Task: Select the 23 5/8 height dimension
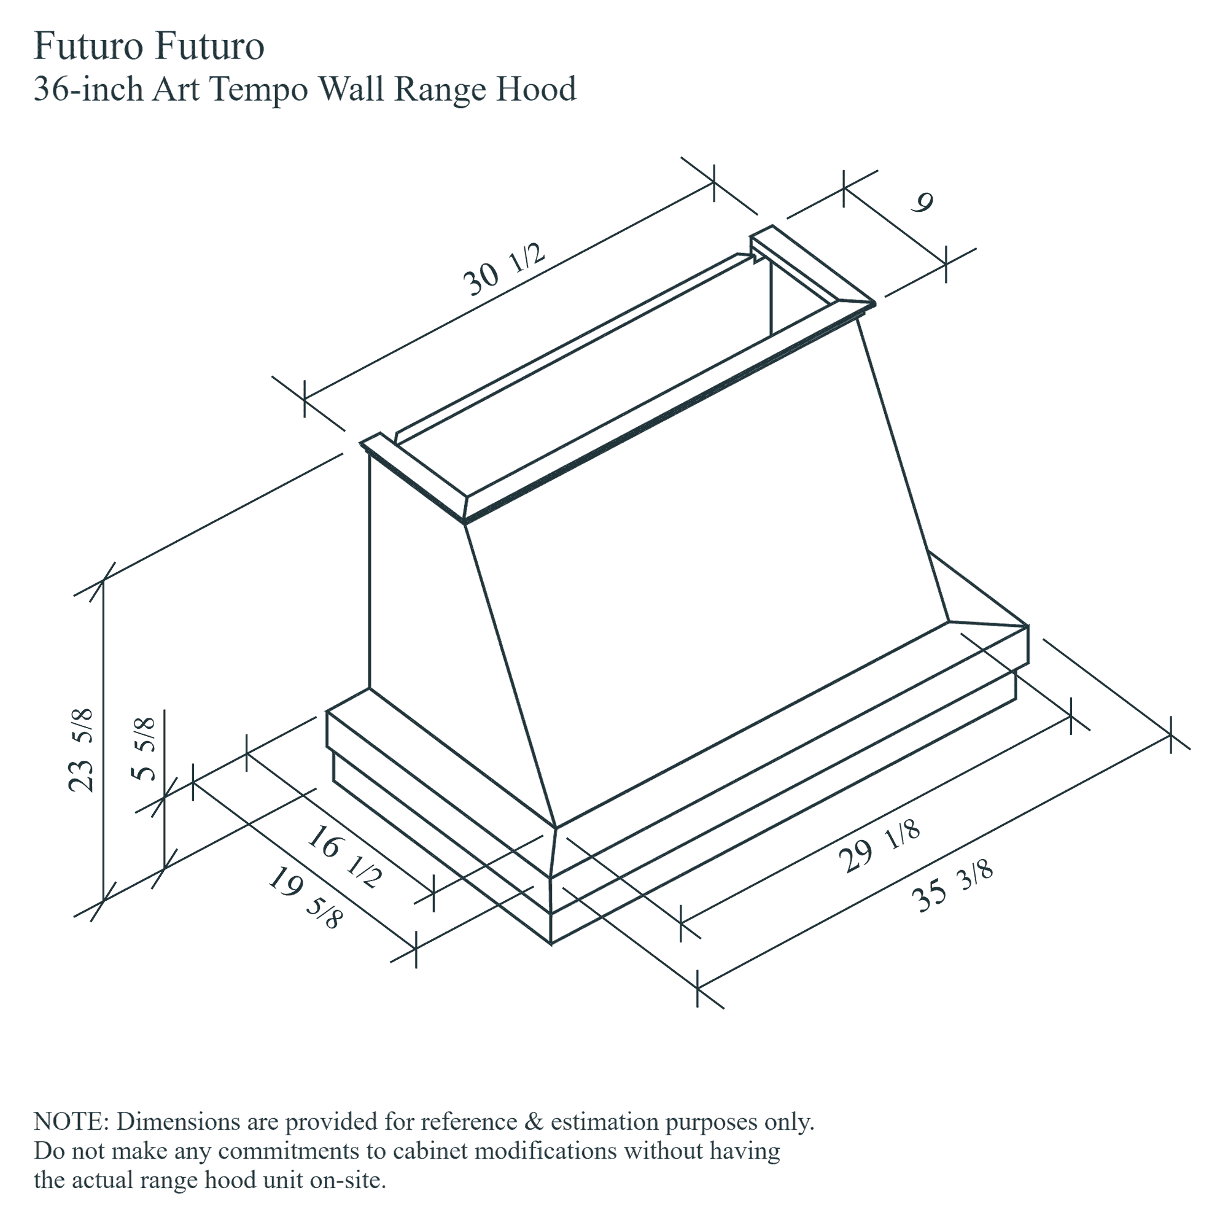(x=82, y=750)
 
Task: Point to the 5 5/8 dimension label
(x=144, y=748)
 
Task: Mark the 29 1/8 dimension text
(x=880, y=847)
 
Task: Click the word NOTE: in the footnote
(x=74, y=1122)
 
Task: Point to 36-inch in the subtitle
(x=88, y=89)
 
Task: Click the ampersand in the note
(x=535, y=1122)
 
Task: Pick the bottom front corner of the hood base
(x=550, y=942)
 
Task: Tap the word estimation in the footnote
(x=604, y=1122)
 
